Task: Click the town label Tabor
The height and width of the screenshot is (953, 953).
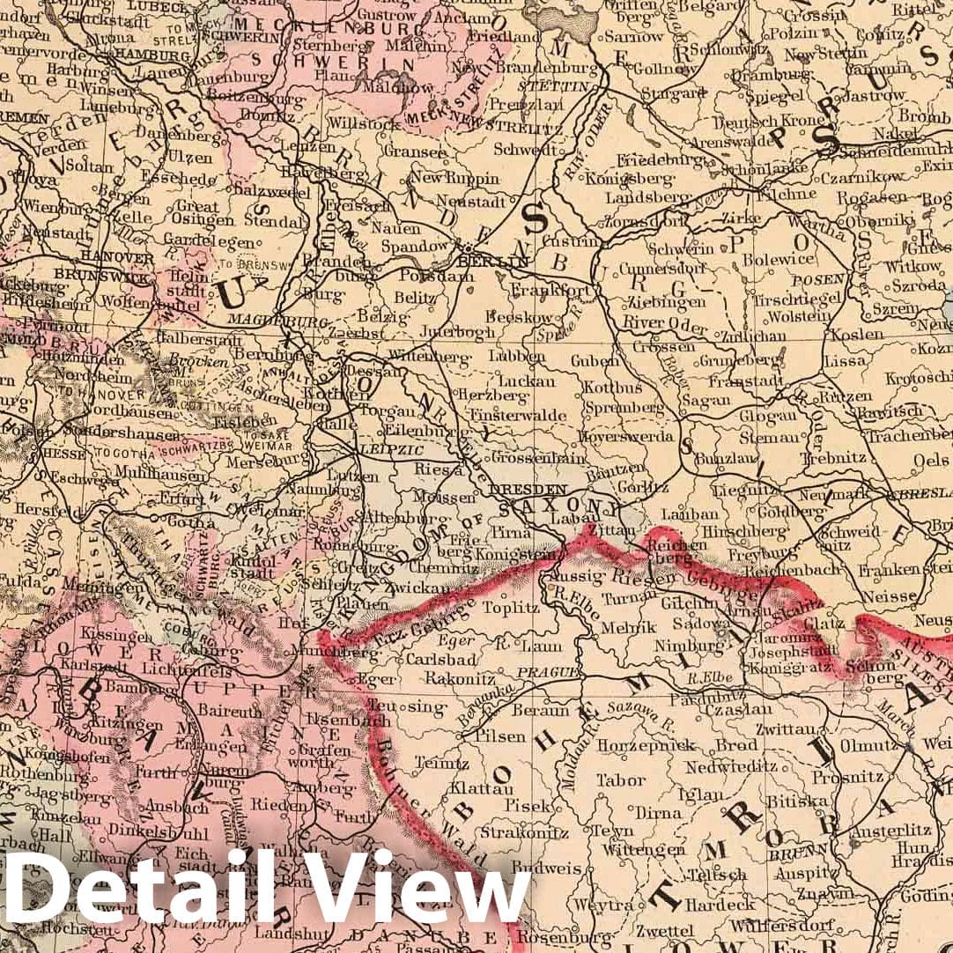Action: (621, 780)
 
